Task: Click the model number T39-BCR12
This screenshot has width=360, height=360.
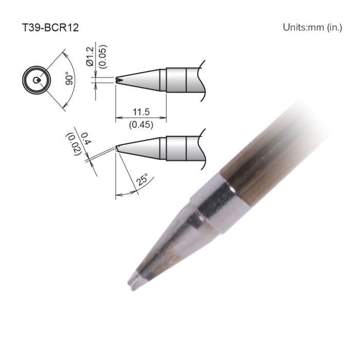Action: pyautogui.click(x=49, y=27)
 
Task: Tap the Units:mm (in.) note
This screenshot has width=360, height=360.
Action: pyautogui.click(x=312, y=27)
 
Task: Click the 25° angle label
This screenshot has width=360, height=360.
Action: pyautogui.click(x=142, y=181)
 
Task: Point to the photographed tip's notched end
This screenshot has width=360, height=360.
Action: pyautogui.click(x=134, y=280)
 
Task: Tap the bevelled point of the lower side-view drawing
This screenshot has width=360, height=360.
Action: pyautogui.click(x=118, y=148)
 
